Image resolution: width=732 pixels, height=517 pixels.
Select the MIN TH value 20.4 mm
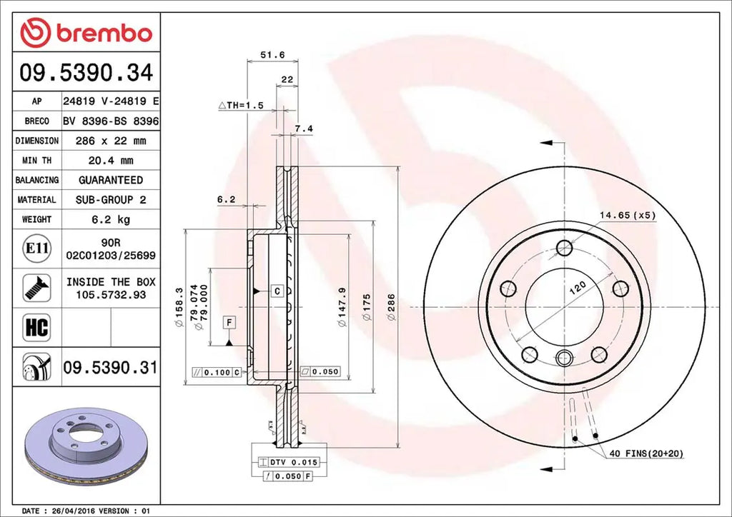(111, 161)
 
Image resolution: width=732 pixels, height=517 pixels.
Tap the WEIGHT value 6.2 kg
(111, 220)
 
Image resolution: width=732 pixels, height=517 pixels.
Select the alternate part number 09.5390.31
(110, 368)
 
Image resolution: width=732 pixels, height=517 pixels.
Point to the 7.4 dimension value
(304, 129)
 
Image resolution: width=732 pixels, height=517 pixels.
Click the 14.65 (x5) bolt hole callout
(627, 214)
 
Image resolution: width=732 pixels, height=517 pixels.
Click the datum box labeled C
(277, 291)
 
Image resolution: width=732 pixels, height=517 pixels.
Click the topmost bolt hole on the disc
(565, 249)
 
